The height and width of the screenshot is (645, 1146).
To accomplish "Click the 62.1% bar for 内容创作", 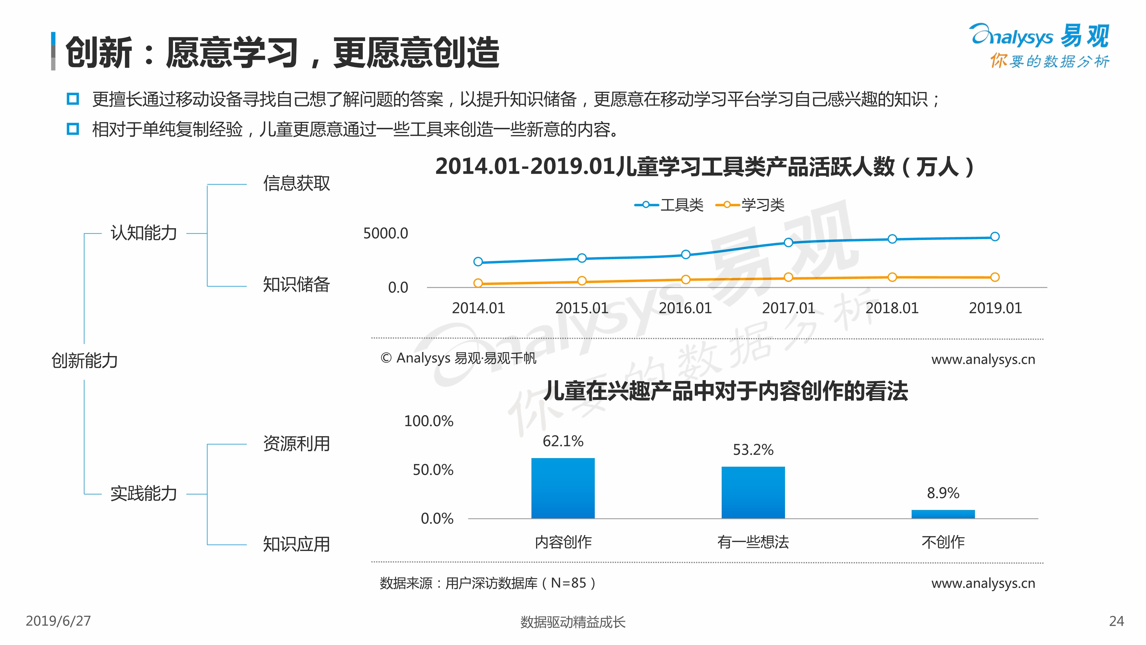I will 563,488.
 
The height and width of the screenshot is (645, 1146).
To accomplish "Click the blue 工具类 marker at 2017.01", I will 788,242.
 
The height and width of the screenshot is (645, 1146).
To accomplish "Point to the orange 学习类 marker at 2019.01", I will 995,277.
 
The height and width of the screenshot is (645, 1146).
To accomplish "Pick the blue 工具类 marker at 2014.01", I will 478,262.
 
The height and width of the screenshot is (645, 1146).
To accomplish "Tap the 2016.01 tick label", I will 685,308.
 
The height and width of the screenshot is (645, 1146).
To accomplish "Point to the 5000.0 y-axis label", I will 385,233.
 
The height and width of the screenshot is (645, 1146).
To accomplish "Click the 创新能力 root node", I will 85,361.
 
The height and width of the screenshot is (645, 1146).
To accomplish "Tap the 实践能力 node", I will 144,493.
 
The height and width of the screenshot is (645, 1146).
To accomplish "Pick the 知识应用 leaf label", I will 296,544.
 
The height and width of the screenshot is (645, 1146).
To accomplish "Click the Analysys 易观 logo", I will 1040,44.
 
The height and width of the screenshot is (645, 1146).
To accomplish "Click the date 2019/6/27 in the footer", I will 58,621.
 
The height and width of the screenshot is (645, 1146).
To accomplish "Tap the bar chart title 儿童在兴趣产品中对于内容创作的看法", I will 725,391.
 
